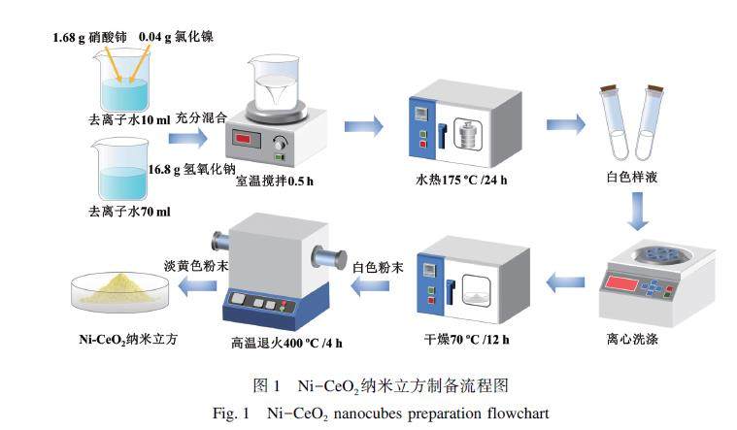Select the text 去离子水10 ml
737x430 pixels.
pyautogui.click(x=129, y=119)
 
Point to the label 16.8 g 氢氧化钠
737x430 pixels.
pyautogui.click(x=191, y=169)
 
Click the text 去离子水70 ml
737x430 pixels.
pyautogui.click(x=129, y=212)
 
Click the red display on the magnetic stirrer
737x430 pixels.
pyautogui.click(x=250, y=139)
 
